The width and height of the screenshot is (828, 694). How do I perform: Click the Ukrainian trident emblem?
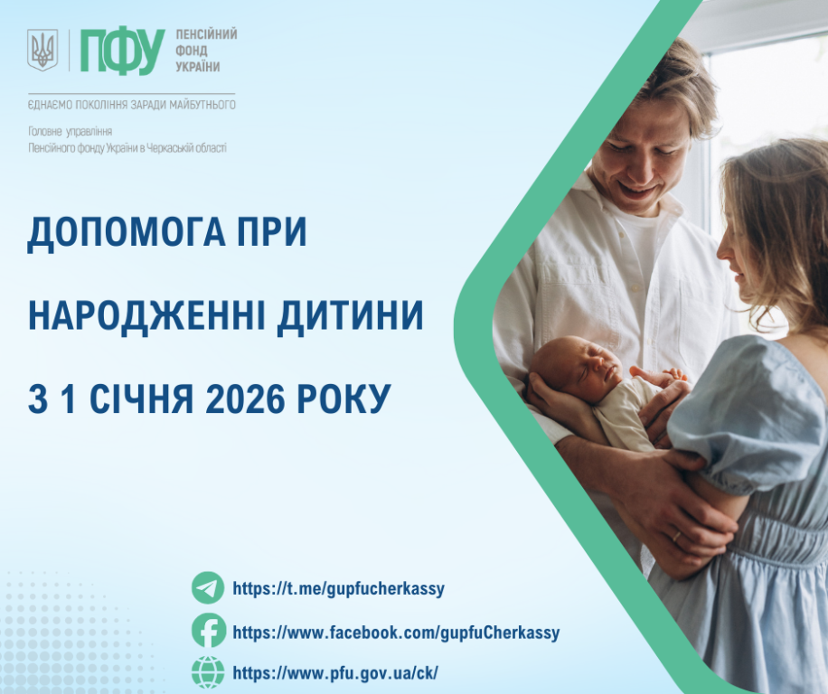click(x=42, y=50)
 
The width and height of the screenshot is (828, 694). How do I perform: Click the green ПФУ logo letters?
click(x=122, y=51)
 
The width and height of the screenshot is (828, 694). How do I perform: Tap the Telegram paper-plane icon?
click(x=208, y=588)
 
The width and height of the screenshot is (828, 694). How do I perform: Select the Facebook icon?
click(x=208, y=631)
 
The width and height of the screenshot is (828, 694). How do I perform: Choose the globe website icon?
click(x=208, y=672)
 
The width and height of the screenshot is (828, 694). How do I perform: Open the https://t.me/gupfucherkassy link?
click(x=339, y=589)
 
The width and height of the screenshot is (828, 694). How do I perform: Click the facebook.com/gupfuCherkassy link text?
click(x=396, y=633)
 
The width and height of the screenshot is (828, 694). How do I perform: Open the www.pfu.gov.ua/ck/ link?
click(x=335, y=673)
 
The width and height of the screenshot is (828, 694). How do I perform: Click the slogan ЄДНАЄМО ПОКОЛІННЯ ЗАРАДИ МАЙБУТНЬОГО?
click(x=132, y=105)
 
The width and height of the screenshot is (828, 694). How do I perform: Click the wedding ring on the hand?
click(x=676, y=536)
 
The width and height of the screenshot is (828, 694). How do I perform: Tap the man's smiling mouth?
click(x=639, y=191)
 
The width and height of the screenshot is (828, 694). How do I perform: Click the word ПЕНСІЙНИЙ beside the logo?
click(x=206, y=34)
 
